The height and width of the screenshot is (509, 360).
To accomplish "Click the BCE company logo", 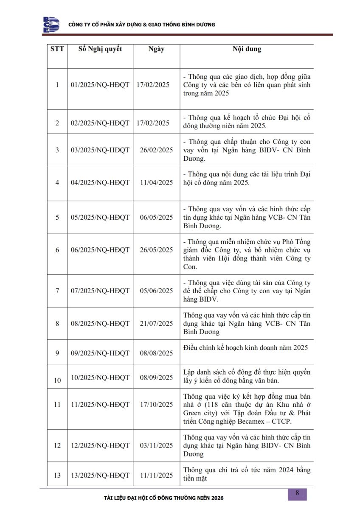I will pos(51,25).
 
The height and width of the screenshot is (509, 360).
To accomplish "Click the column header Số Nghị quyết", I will pos(100,49).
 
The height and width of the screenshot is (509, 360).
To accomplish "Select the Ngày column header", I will pos(156,49).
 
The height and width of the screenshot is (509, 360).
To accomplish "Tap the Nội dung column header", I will pos(247,49).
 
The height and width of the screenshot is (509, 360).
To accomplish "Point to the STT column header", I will pos(57,49).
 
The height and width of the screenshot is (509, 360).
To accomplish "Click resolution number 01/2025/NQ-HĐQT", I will pos(100,85).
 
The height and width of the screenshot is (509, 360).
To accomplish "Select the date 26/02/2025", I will pos(156,150).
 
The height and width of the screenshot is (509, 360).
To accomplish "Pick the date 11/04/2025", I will pos(156,183).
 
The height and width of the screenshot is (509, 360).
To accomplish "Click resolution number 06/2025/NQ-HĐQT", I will pos(100,250).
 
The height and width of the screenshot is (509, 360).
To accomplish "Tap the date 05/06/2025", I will pos(156,291).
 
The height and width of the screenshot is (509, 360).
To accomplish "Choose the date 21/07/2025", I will pos(156,324).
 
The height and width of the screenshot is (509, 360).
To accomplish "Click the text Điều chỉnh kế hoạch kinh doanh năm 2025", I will pos(246,348).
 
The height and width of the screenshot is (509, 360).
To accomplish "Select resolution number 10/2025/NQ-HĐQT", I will pos(100,378).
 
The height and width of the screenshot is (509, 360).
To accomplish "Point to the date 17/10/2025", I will pos(156,405).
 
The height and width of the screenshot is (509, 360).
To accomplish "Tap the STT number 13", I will pos(57,475).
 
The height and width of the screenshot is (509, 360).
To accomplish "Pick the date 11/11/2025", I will pos(156,475).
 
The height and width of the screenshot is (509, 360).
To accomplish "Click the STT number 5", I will pos(57,218).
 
